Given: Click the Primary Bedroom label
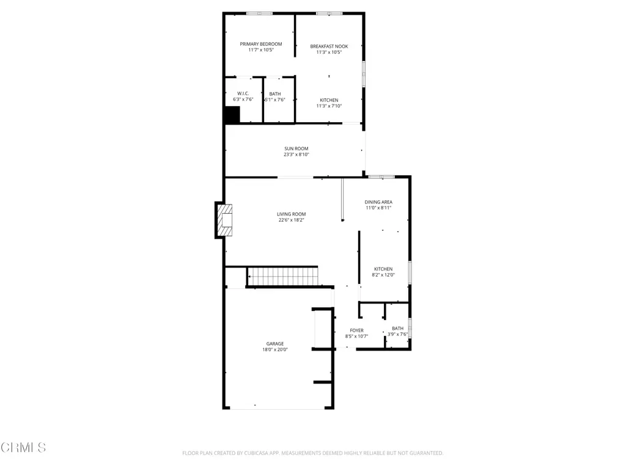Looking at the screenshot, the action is (260, 44).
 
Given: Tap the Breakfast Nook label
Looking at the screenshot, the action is (329, 46).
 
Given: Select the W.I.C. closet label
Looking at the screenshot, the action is (243, 93).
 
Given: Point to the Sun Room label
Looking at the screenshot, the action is (296, 149).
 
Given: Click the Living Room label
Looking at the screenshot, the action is (292, 214).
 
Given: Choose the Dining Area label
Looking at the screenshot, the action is (378, 202).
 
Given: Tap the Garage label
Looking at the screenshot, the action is (275, 344).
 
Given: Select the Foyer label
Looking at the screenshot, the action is (356, 330).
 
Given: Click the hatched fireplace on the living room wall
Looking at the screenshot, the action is (224, 220).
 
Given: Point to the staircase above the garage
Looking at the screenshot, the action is (282, 277).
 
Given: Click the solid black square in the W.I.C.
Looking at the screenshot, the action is (232, 114).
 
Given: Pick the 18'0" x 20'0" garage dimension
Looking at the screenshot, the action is (275, 350).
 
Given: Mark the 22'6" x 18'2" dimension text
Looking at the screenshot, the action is (292, 220).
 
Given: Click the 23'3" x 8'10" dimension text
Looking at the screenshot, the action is (296, 155).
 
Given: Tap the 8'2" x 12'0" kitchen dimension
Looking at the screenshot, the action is (383, 275).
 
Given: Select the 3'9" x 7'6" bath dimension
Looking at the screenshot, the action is (397, 335).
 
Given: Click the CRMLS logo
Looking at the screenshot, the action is (23, 448).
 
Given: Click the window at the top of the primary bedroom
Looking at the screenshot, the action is (259, 13).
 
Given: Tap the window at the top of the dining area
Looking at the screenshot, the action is (381, 176).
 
